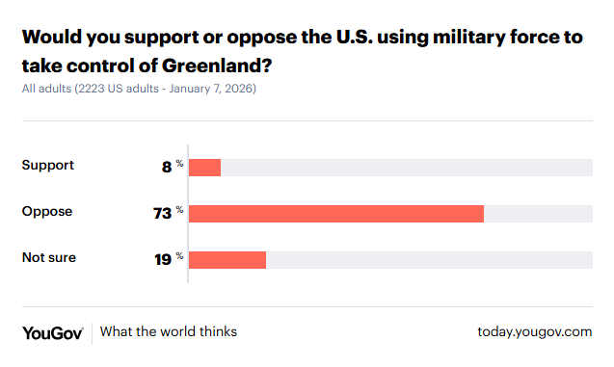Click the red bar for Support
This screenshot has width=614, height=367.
click(x=204, y=167)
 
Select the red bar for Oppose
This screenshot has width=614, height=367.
click(x=335, y=213)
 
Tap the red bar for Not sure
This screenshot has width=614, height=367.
click(x=227, y=259)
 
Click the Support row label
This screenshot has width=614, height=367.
click(x=48, y=166)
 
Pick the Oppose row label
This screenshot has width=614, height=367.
click(x=47, y=212)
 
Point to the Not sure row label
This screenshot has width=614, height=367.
click(x=49, y=258)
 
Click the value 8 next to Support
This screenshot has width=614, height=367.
click(x=167, y=167)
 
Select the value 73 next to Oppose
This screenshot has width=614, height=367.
click(x=162, y=213)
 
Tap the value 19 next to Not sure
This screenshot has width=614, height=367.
click(x=162, y=259)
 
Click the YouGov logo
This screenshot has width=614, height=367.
click(x=53, y=332)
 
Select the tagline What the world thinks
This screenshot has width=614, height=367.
click(x=169, y=332)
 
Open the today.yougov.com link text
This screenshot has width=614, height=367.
click(x=534, y=332)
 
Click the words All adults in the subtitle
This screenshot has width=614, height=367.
click(x=46, y=89)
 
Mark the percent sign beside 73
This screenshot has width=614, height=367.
click(x=179, y=209)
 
